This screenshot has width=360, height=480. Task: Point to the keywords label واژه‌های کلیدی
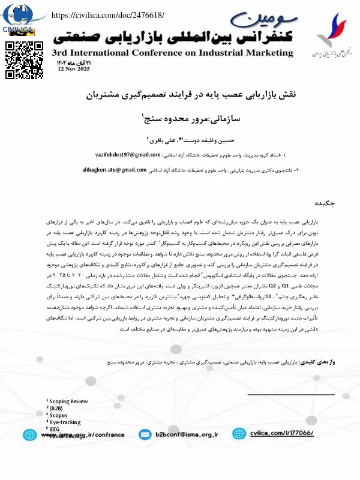[x=332, y=363]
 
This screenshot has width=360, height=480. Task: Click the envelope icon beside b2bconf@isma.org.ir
[x=144, y=434]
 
